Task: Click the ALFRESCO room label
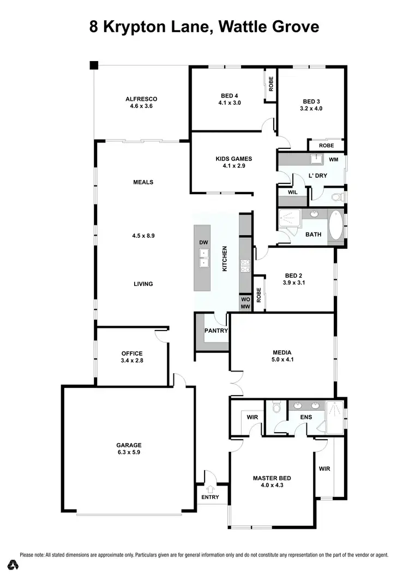point(141,99)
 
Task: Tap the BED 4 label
point(229,95)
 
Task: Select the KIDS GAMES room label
point(233,159)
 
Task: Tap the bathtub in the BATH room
point(336,226)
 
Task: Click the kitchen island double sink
point(203,257)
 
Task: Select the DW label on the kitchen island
point(203,242)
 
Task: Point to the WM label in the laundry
point(334,160)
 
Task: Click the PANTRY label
point(216,331)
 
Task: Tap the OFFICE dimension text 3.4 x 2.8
point(132,361)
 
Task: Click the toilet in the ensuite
point(276,407)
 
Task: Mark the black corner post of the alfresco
point(94,65)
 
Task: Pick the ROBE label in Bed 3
point(326,146)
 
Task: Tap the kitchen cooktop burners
point(245,266)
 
